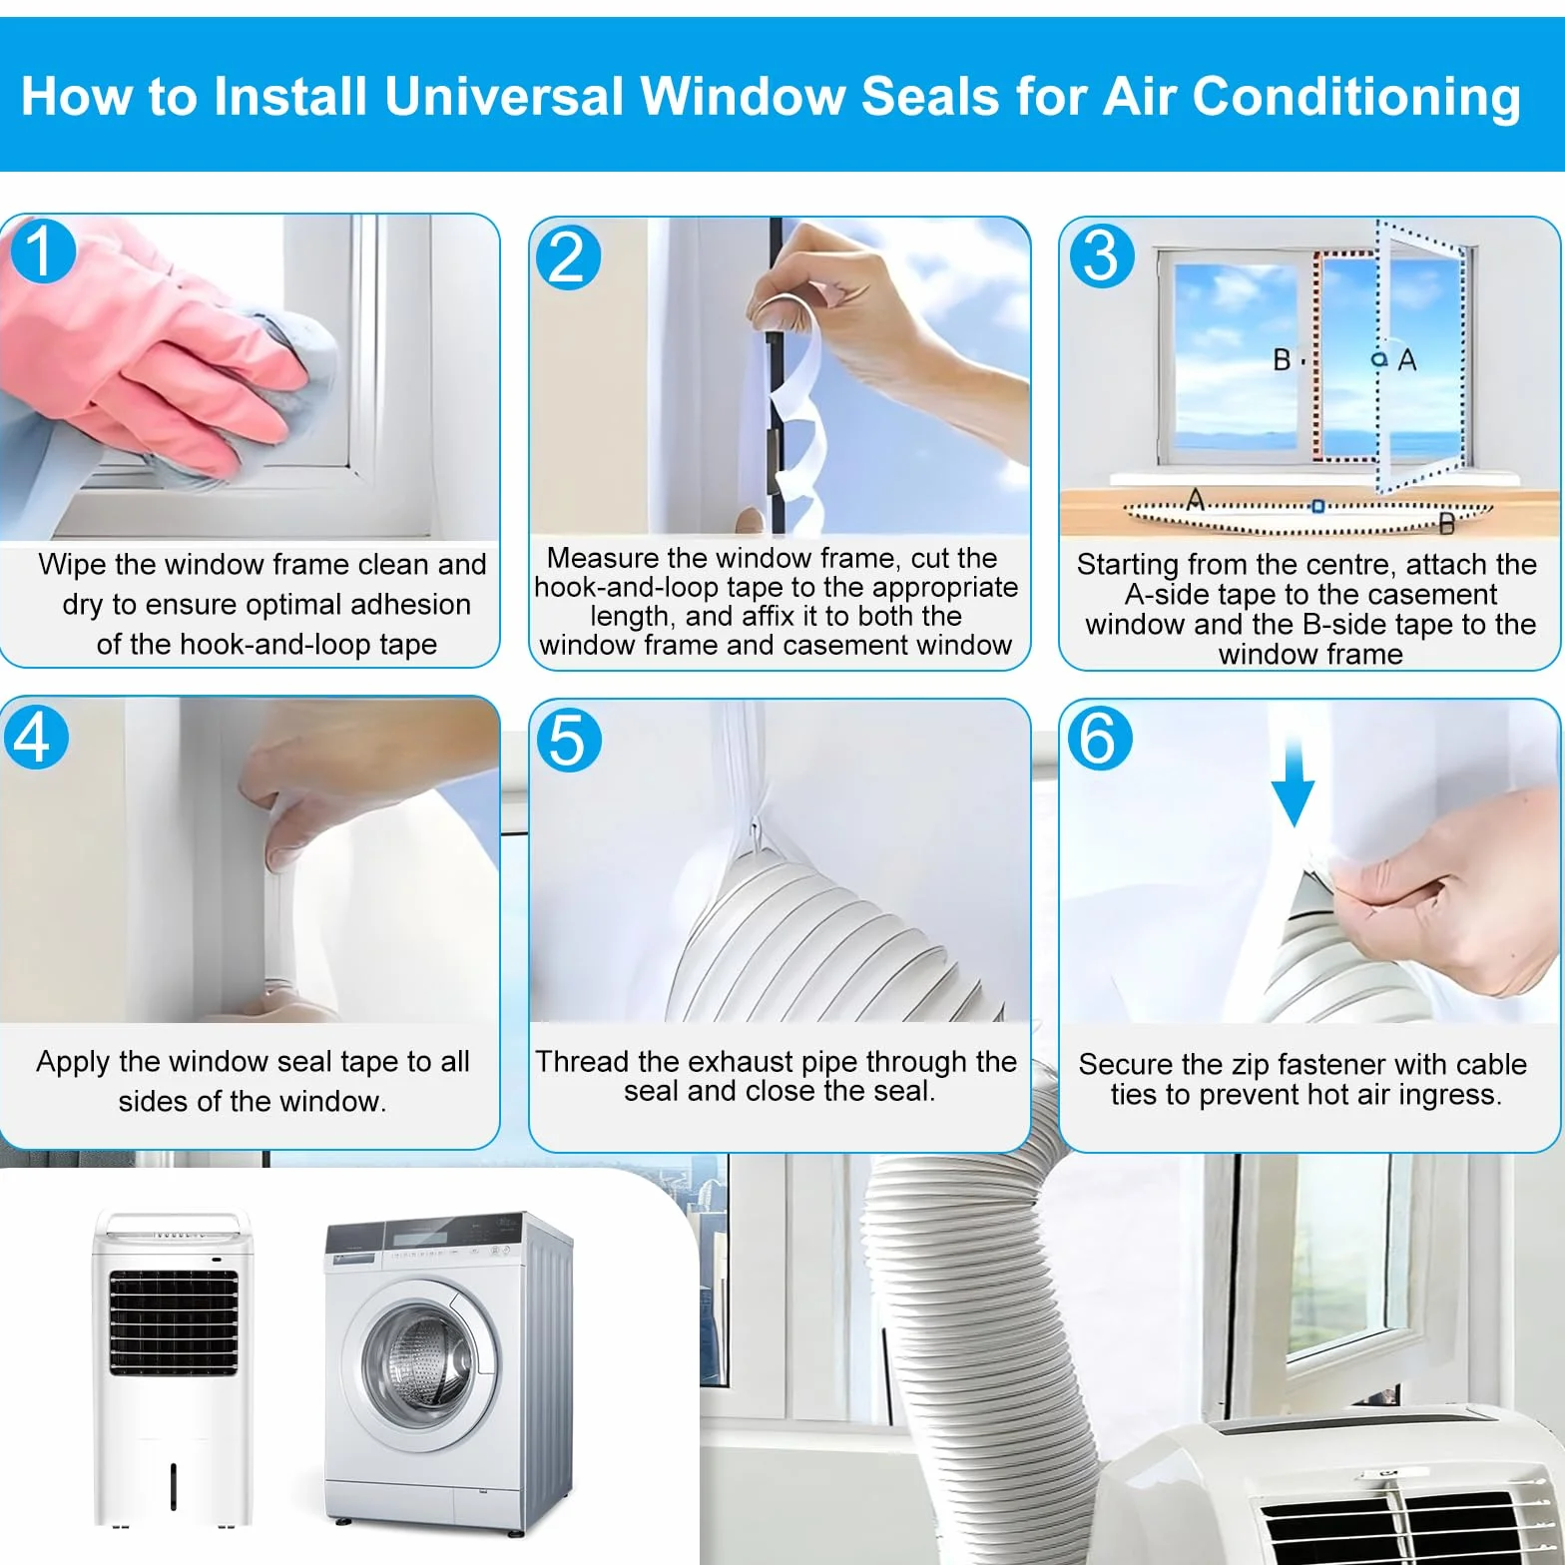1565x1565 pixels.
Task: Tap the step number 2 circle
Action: point(568,257)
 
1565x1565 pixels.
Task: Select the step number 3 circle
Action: point(1101,255)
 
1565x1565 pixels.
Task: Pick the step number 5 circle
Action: point(568,740)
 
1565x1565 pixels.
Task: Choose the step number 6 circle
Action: point(1099,738)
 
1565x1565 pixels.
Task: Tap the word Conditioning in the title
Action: point(1356,98)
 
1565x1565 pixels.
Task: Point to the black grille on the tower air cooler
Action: point(174,1323)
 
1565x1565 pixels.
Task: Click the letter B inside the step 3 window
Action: point(1283,359)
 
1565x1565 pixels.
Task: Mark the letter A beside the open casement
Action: point(1407,359)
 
